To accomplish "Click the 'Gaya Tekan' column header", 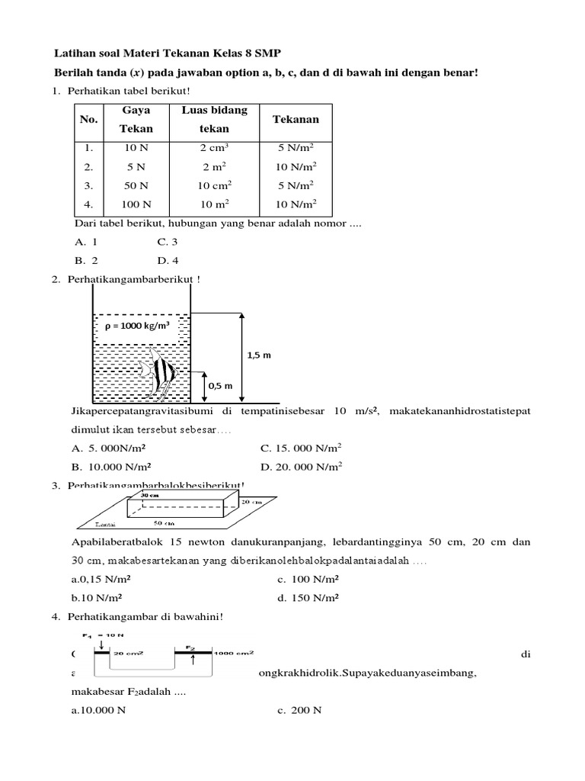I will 136,120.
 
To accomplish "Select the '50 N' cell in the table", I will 136,185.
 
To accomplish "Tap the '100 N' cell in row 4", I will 136,204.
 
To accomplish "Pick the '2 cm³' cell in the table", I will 214,148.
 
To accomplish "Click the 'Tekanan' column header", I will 296,120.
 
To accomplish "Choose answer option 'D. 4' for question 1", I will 168,260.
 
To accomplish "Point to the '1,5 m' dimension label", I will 259,355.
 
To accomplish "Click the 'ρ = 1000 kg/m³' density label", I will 136,326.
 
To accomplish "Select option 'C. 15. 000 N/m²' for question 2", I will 301,448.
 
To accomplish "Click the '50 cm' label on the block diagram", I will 164,523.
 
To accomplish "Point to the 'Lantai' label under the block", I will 106,524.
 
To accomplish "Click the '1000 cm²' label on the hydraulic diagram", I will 233,653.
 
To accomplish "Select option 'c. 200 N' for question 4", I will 300,710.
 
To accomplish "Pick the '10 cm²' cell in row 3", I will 214,185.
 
